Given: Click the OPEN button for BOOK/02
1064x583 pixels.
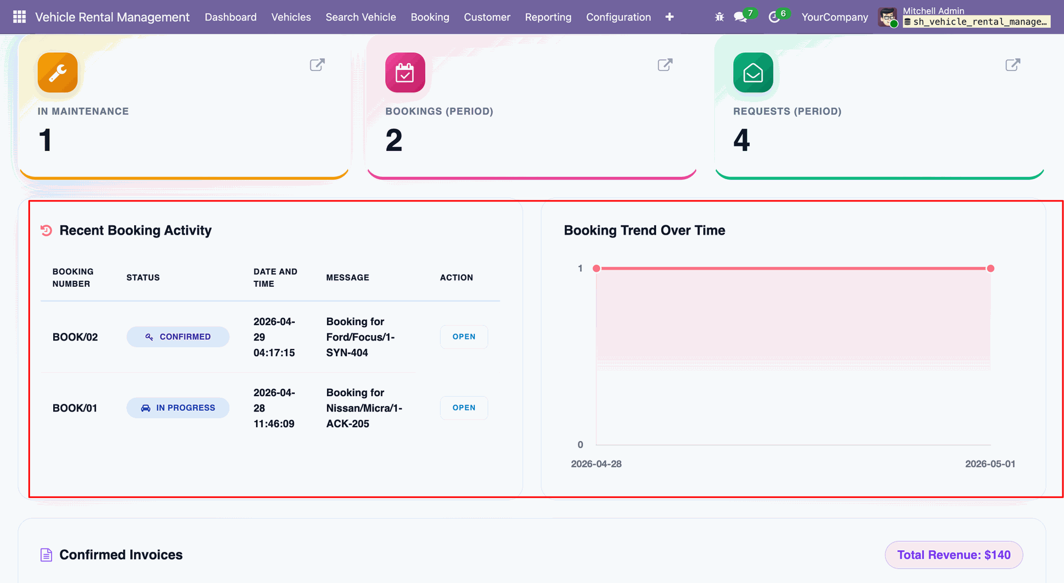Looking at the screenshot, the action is point(464,337).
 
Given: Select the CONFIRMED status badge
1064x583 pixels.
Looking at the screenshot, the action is point(178,337).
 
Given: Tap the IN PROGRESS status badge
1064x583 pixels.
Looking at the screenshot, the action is point(178,408).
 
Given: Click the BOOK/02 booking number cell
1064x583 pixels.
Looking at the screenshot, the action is point(75,337).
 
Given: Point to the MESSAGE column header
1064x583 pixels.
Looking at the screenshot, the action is point(347,277).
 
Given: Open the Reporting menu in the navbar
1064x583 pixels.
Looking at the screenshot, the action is point(548,17).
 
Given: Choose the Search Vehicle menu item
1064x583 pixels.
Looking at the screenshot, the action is point(361,17).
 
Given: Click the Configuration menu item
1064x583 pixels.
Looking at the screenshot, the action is point(618,17).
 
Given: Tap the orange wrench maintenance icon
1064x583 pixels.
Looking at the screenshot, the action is point(58,73).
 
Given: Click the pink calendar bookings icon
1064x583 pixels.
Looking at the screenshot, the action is point(405,73).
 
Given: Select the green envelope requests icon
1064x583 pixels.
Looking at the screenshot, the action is point(753,73).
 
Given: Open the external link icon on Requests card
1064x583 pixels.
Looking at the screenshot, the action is point(1012,65).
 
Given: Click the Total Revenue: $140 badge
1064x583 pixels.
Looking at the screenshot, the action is point(954,555).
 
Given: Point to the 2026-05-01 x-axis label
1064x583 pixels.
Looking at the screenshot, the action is point(990,464).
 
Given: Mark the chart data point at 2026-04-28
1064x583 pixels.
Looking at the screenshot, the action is point(596,268).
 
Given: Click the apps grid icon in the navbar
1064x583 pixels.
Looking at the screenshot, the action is point(19,17).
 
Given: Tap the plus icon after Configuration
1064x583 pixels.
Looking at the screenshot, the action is point(669,17).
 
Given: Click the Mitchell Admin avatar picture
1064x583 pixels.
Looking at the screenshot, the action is point(888,17).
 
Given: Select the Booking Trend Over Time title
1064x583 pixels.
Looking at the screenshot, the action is point(644,230).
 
